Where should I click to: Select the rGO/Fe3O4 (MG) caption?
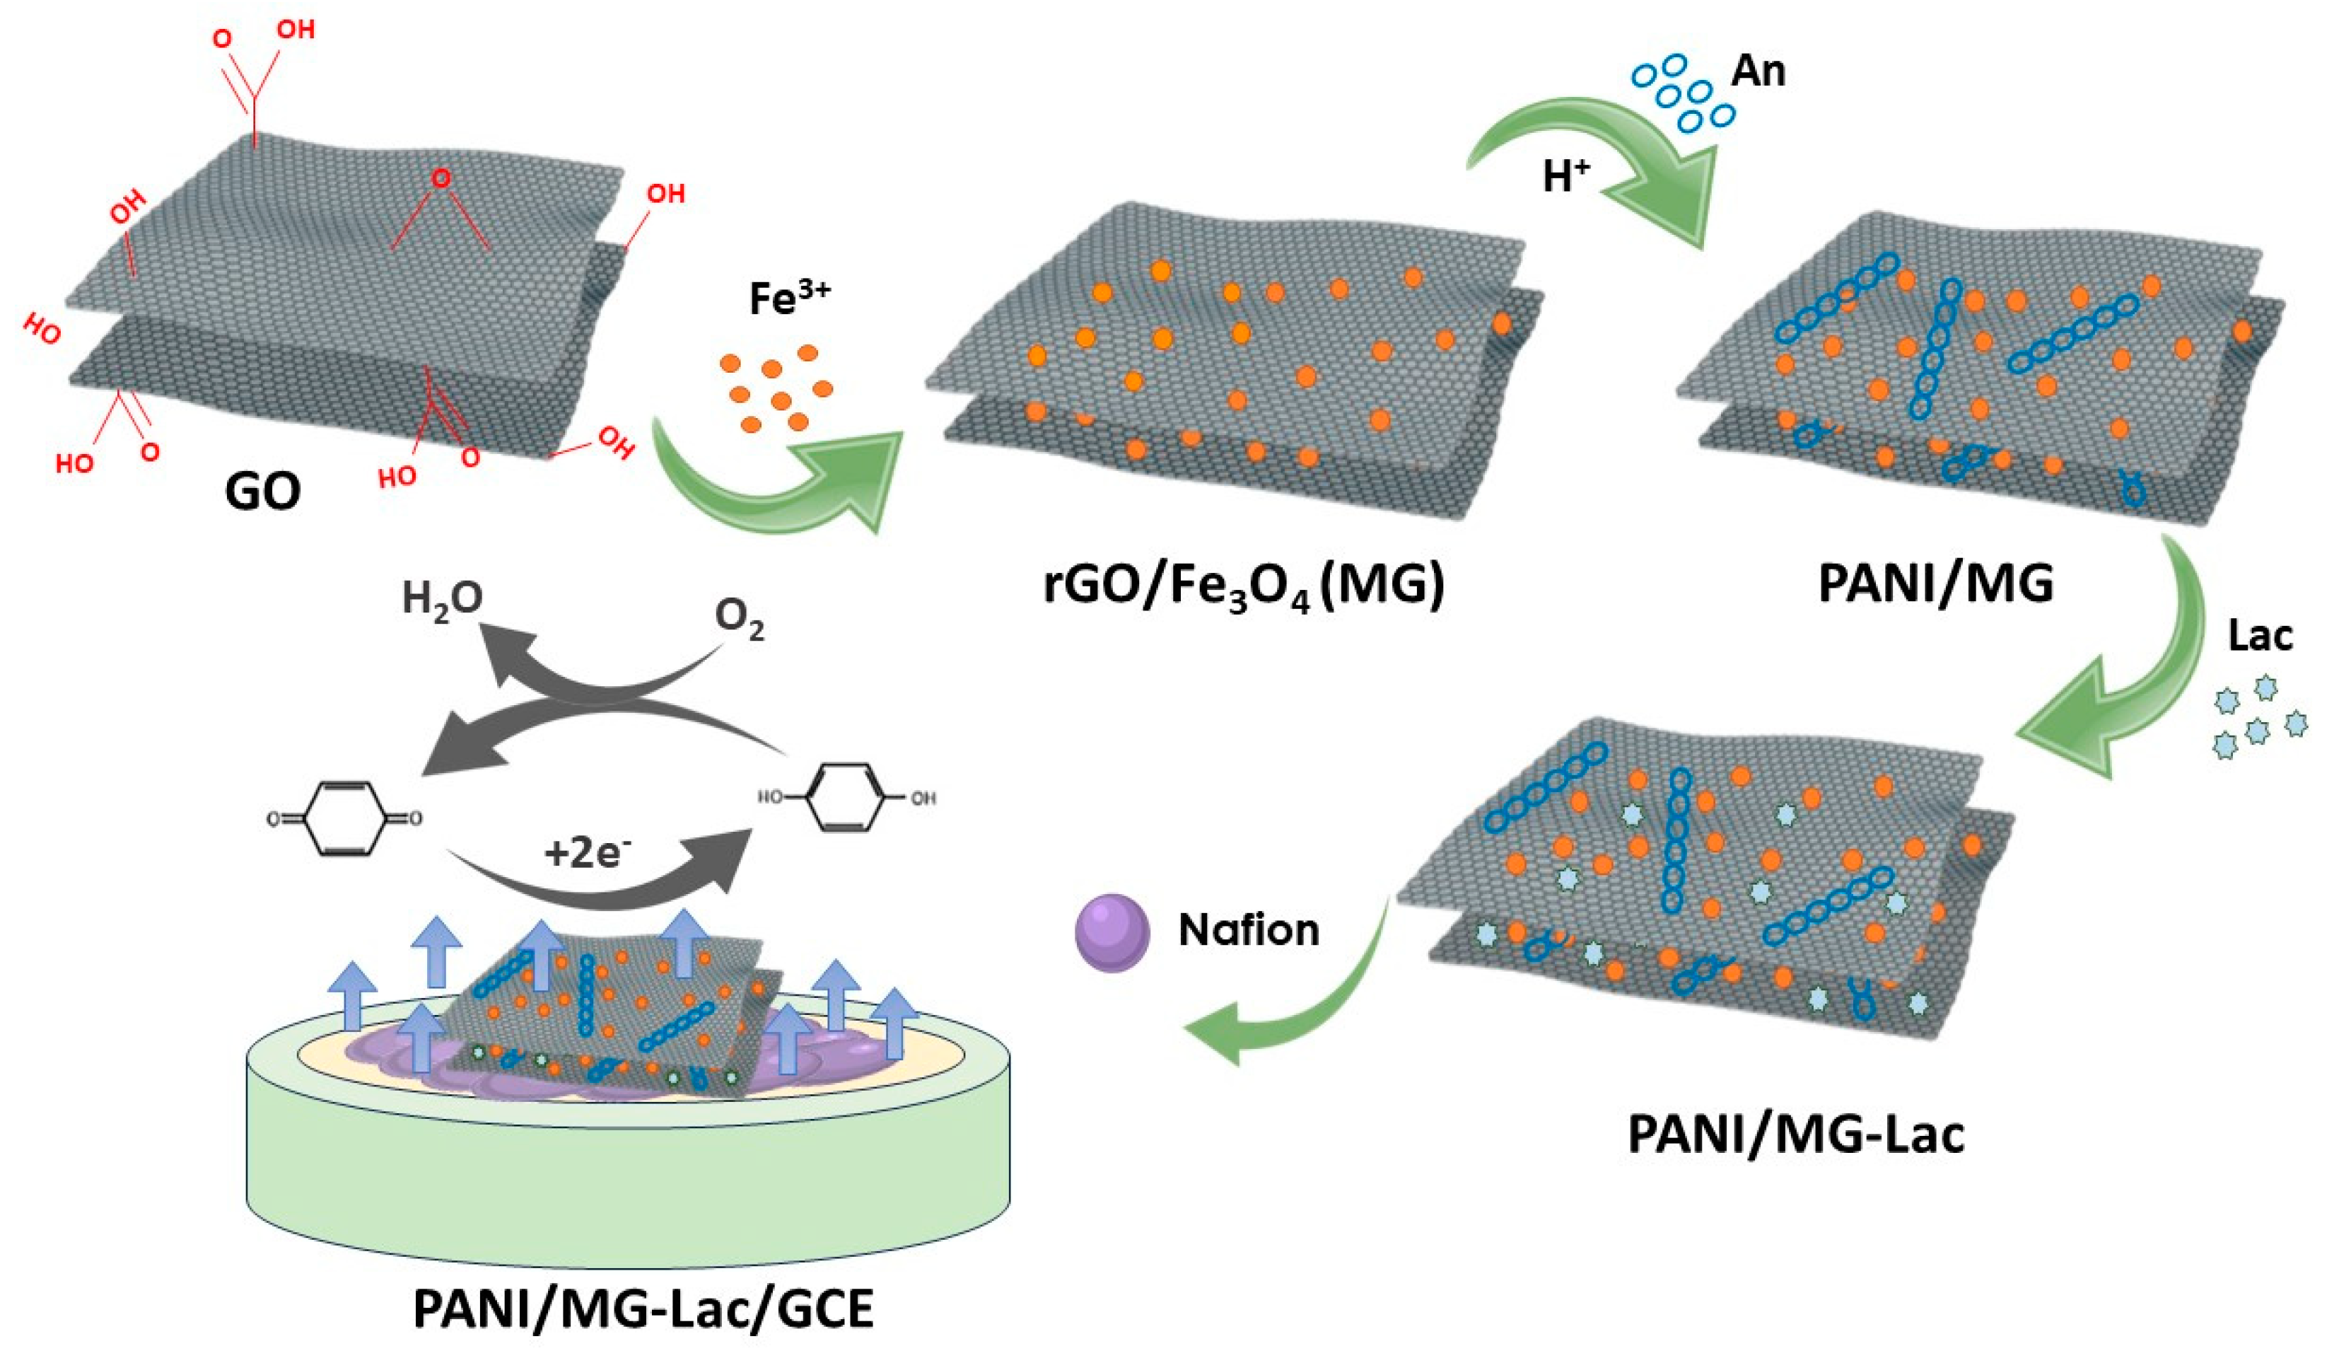[1244, 586]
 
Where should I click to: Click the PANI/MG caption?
[1935, 584]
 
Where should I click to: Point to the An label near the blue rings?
[1758, 71]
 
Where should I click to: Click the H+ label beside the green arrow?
[1566, 175]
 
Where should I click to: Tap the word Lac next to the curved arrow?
[2259, 636]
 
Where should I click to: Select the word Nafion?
[1249, 930]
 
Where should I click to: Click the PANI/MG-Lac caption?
[1796, 1135]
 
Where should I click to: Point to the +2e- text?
[587, 851]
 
